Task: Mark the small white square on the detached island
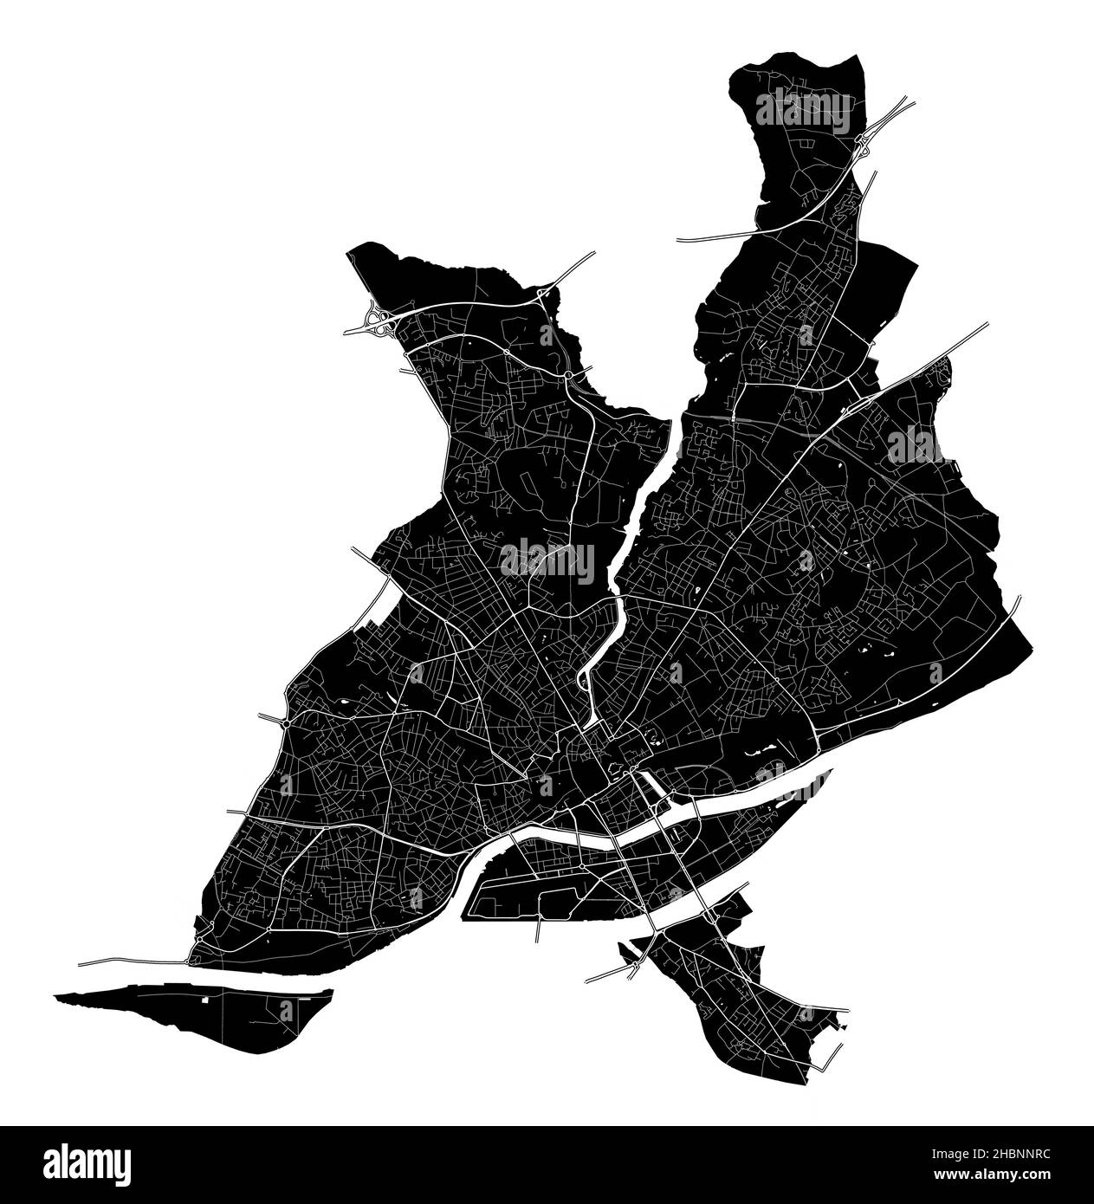(205, 1000)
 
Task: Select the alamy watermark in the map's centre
(547, 562)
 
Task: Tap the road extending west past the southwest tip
(130, 961)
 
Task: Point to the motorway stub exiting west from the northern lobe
(710, 237)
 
